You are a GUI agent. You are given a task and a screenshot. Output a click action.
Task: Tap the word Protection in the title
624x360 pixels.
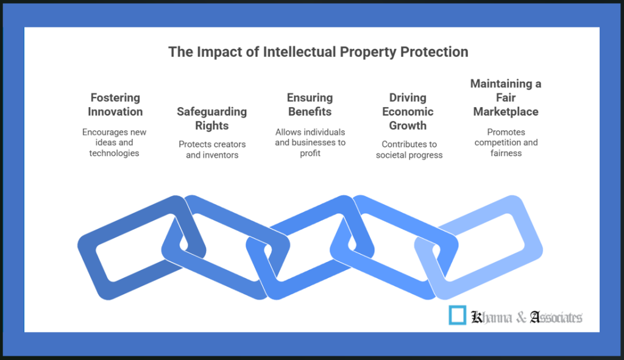coord(434,52)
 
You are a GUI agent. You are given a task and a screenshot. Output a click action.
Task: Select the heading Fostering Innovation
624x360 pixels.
coord(115,105)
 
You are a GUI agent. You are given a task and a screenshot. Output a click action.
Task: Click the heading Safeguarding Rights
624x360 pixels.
coord(212,119)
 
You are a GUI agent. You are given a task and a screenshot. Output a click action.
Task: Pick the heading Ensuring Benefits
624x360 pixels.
coord(310,105)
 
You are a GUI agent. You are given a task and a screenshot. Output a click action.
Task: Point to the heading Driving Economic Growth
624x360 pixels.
coord(408,111)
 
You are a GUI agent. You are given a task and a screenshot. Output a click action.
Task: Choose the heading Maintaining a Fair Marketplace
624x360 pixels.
coord(506,97)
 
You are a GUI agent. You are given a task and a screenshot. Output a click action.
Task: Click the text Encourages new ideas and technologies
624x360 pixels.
coord(115,143)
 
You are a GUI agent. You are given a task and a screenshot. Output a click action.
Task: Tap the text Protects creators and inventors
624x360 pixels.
coord(212,150)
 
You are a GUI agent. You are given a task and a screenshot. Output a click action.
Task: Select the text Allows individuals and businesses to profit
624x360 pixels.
coord(310,143)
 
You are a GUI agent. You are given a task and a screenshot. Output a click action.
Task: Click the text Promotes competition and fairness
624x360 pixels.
coord(506,143)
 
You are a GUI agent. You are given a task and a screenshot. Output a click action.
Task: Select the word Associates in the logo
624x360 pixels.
coord(556,317)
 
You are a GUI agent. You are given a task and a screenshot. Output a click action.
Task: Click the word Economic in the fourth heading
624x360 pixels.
coord(408,111)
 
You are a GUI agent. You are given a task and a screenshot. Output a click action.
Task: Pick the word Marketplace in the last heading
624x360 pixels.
coord(506,111)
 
